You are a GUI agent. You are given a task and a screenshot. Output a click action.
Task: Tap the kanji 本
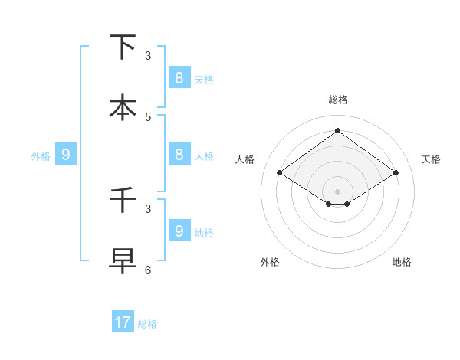(123, 107)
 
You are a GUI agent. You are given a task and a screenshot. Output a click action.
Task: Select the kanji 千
(123, 200)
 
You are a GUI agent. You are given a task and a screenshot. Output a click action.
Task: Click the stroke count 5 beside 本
(148, 117)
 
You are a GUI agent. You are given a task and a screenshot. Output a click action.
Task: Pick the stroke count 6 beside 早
(148, 270)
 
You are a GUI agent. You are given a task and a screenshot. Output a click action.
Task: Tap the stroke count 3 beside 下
(148, 56)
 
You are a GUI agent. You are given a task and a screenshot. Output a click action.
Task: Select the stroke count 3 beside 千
(148, 208)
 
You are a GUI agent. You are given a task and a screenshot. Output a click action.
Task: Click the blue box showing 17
(123, 322)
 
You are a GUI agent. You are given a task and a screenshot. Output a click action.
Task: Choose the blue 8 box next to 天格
(179, 77)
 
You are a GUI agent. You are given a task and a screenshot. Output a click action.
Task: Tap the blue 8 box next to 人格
(179, 154)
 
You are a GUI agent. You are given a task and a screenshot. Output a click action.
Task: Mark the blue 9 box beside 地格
(179, 231)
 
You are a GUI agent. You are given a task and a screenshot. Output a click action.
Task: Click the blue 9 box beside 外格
(66, 154)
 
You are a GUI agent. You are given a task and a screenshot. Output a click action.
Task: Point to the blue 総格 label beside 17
(147, 324)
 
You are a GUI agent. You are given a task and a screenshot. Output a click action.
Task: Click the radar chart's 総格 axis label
(337, 100)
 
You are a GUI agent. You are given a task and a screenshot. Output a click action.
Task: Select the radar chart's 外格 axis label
(270, 262)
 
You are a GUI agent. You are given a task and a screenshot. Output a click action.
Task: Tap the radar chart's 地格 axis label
(402, 262)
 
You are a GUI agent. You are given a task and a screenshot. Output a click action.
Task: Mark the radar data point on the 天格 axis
(396, 173)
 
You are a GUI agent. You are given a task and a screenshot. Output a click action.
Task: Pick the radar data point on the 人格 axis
(280, 173)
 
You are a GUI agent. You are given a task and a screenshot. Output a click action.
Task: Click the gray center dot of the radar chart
(337, 191)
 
